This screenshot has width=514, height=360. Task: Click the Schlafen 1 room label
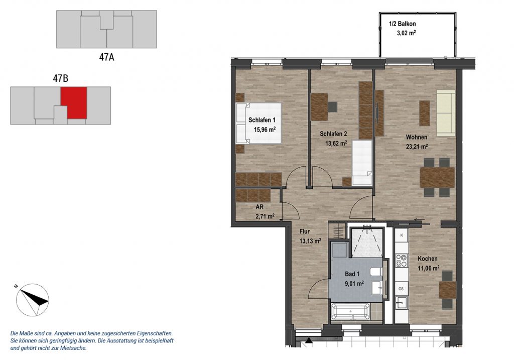coord(262,120)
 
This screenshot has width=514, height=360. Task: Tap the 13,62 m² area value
coord(336,143)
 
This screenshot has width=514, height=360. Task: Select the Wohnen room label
coord(416,137)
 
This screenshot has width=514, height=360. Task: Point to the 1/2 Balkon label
coord(402,24)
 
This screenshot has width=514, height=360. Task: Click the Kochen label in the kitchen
coord(428,259)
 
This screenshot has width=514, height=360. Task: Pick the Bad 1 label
coord(352,274)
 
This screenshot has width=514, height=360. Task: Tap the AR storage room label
coord(260,207)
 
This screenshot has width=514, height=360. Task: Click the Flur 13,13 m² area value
coord(310,241)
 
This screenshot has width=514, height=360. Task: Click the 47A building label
coord(106,57)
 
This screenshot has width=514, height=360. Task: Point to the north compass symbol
coord(33,300)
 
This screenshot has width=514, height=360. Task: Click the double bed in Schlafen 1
coord(259,124)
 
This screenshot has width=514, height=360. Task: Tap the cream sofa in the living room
coord(446,113)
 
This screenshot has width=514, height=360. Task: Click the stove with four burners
coord(401,261)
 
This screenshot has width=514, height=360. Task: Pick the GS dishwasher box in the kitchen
coord(401,289)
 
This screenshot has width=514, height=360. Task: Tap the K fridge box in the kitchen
coord(402,235)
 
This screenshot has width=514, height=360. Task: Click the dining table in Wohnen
coord(437,177)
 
